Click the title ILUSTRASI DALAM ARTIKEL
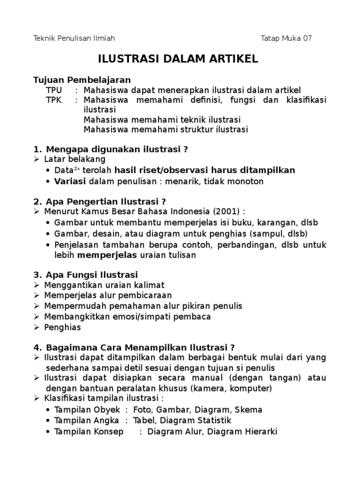tap(178, 60)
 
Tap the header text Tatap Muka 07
tap(286, 38)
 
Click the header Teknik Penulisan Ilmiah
tap(75, 38)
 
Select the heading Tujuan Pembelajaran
tap(82, 80)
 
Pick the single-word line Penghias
tap(62, 327)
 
